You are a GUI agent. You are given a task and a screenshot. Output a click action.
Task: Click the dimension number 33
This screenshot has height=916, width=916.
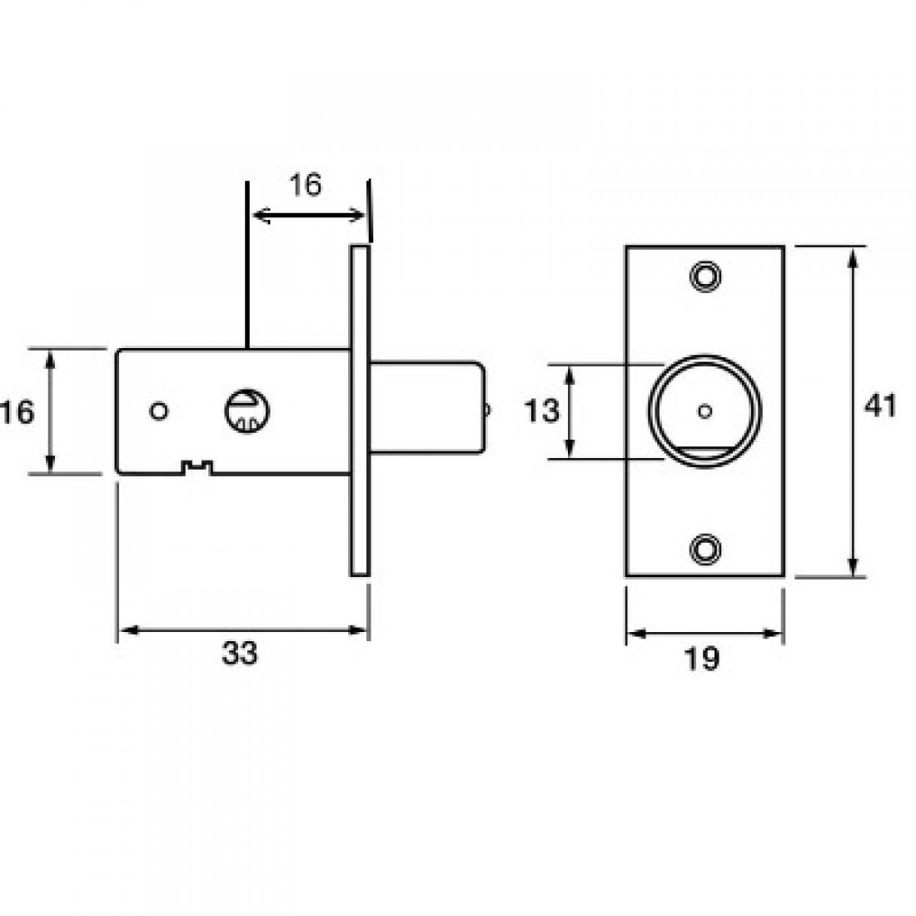(x=240, y=655)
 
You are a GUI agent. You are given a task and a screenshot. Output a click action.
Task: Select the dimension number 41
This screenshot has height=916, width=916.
(x=879, y=406)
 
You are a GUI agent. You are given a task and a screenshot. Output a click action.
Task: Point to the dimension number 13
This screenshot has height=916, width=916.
(x=542, y=411)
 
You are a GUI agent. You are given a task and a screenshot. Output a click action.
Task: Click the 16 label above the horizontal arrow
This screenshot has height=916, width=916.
(x=306, y=185)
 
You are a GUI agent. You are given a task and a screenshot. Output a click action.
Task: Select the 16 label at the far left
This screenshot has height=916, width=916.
(x=18, y=411)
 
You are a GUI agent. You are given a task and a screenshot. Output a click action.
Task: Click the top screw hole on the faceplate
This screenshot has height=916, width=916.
(x=705, y=276)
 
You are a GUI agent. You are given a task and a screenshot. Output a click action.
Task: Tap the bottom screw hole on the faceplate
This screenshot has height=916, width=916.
(x=705, y=547)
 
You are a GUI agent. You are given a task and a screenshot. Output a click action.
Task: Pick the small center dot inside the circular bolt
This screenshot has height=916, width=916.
(x=705, y=410)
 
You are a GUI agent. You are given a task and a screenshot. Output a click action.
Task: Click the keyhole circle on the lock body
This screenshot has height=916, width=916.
(x=246, y=411)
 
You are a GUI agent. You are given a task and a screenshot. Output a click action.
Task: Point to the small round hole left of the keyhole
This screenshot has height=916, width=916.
(x=157, y=411)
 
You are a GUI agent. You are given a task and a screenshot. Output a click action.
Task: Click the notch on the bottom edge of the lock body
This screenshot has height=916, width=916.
(x=197, y=468)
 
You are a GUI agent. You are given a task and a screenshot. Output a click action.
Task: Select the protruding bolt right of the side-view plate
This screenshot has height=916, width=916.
(x=425, y=409)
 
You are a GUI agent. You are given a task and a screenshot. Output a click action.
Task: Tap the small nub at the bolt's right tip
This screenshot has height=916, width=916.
(x=488, y=409)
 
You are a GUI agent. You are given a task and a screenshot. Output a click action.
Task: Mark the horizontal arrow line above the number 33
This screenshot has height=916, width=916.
(x=241, y=630)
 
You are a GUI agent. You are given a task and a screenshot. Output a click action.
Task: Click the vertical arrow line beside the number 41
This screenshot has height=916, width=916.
(x=852, y=411)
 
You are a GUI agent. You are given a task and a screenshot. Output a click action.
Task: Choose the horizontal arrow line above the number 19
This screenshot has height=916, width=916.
(x=704, y=634)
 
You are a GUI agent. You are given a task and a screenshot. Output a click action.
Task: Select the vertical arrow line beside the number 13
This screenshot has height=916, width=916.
(x=570, y=411)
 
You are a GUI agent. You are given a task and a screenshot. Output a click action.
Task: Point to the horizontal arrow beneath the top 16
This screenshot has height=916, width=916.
(x=308, y=216)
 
